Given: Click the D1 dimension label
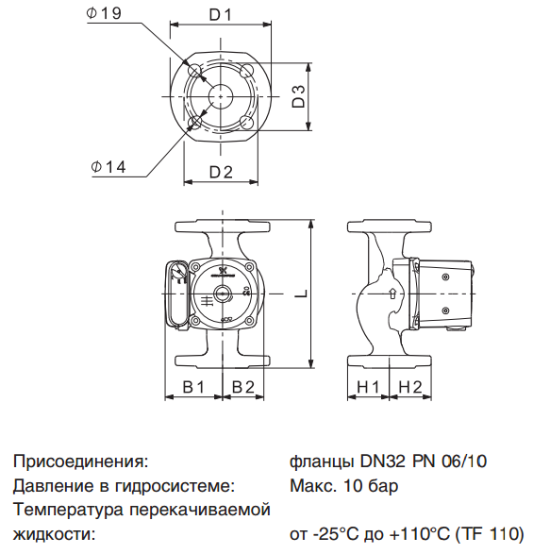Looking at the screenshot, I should tap(221, 16).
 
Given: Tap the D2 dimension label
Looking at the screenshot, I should tap(221, 171).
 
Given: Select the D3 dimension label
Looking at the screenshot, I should tap(297, 97).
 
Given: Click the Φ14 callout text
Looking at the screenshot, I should tap(108, 167).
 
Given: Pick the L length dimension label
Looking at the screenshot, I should tap(300, 294).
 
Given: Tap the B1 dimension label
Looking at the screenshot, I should tap(193, 386).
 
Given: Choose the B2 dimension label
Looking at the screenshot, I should tap(243, 386).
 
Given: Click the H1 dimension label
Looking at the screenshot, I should tap(369, 386).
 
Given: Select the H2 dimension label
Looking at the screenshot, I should tap(410, 386).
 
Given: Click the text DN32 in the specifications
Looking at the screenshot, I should tap(380, 462).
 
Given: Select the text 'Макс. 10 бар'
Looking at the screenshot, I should tap(343, 487).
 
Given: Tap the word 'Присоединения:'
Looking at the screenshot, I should tap(81, 462).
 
